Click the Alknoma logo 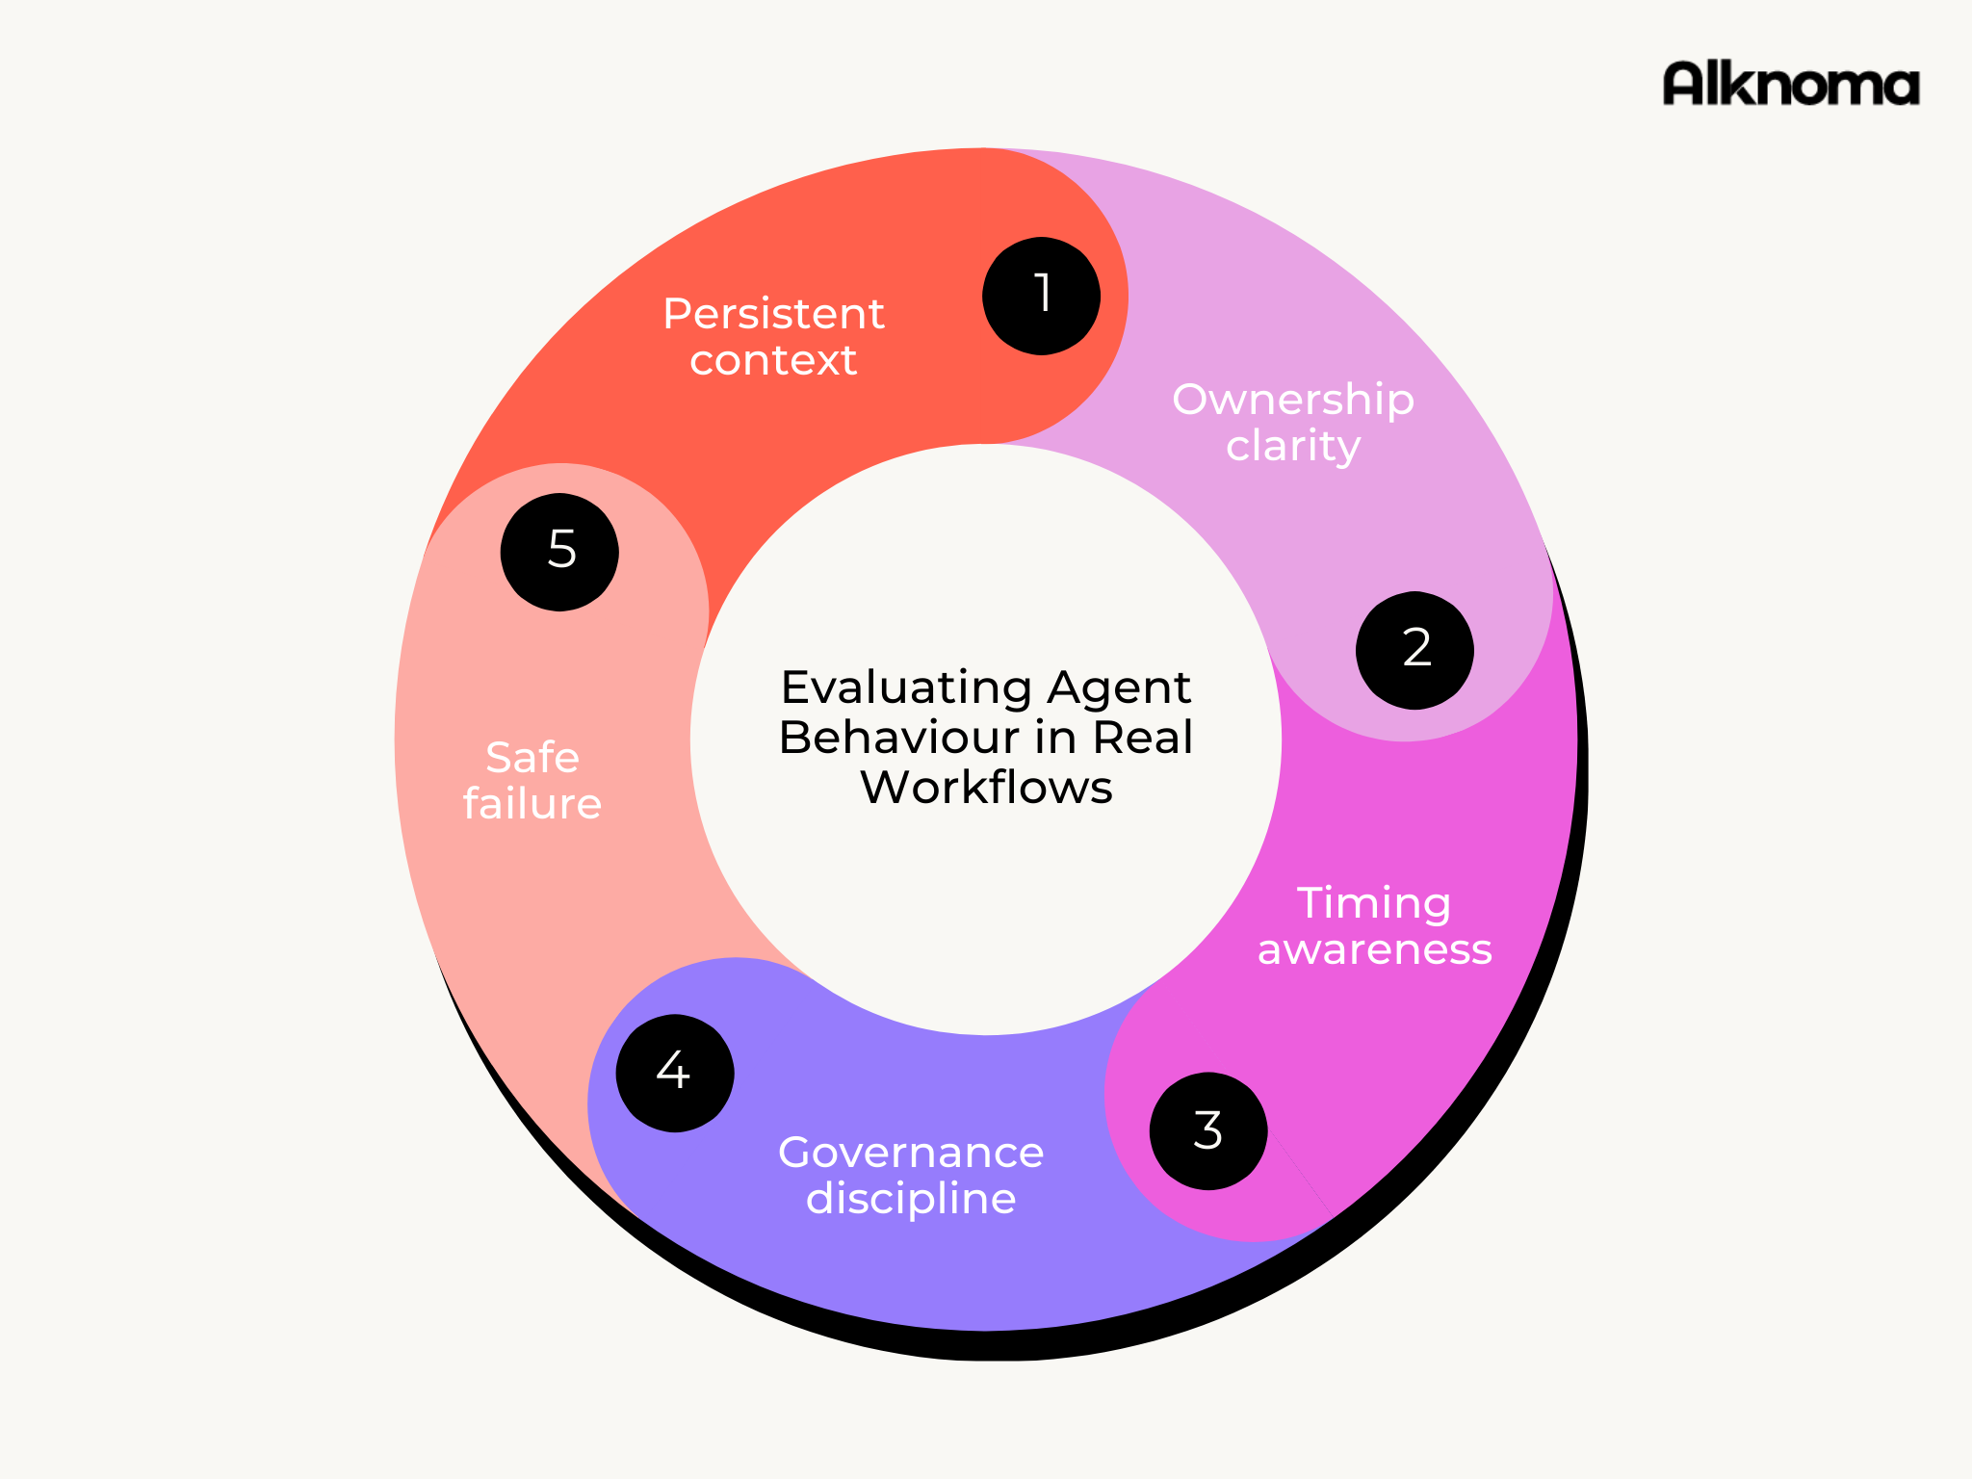[1790, 84]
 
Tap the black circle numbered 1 [1041, 296]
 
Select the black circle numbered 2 [1414, 650]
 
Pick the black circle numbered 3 [1208, 1131]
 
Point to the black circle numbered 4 [674, 1073]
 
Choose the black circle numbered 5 [559, 552]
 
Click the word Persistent [773, 314]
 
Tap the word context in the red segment [773, 360]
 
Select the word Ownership [1292, 400]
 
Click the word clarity [1292, 446]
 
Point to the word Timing [1374, 903]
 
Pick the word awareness [1374, 949]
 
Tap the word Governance [911, 1153]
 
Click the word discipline [911, 1199]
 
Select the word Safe [532, 758]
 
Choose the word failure [532, 804]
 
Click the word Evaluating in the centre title [906, 688]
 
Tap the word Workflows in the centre [986, 788]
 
